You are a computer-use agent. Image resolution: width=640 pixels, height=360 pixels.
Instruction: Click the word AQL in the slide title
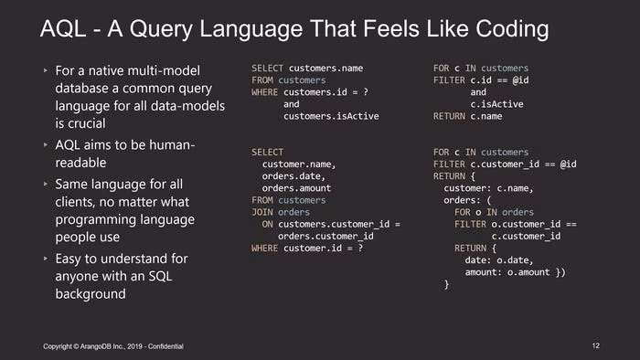[63, 29]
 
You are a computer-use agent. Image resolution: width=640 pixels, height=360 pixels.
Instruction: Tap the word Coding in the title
[512, 30]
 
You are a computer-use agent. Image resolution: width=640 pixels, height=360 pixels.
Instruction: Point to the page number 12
[596, 345]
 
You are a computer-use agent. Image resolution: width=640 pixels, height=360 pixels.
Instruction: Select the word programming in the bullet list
[125, 220]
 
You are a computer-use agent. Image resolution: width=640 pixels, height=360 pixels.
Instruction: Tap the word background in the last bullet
[91, 294]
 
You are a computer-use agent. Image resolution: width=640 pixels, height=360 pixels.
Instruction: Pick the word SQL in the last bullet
[160, 276]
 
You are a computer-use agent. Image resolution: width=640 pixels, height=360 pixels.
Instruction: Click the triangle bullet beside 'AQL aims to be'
[46, 144]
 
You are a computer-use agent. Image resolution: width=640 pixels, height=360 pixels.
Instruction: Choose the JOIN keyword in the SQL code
[262, 212]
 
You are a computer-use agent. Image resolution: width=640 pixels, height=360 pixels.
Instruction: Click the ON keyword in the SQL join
[267, 224]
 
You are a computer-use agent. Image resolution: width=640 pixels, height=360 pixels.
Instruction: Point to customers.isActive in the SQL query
[331, 116]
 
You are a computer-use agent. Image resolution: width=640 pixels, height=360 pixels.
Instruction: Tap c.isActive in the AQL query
[496, 104]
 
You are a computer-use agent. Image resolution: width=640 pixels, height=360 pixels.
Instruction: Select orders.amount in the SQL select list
[296, 188]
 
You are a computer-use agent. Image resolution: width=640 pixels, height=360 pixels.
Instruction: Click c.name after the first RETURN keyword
[486, 116]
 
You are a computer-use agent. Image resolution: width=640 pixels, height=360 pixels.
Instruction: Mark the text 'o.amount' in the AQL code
[528, 272]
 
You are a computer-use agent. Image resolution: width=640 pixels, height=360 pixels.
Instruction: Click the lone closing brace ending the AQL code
[446, 284]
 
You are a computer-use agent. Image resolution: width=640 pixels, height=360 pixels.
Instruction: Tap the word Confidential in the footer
[165, 346]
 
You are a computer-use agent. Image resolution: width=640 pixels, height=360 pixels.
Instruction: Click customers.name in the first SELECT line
[325, 69]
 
